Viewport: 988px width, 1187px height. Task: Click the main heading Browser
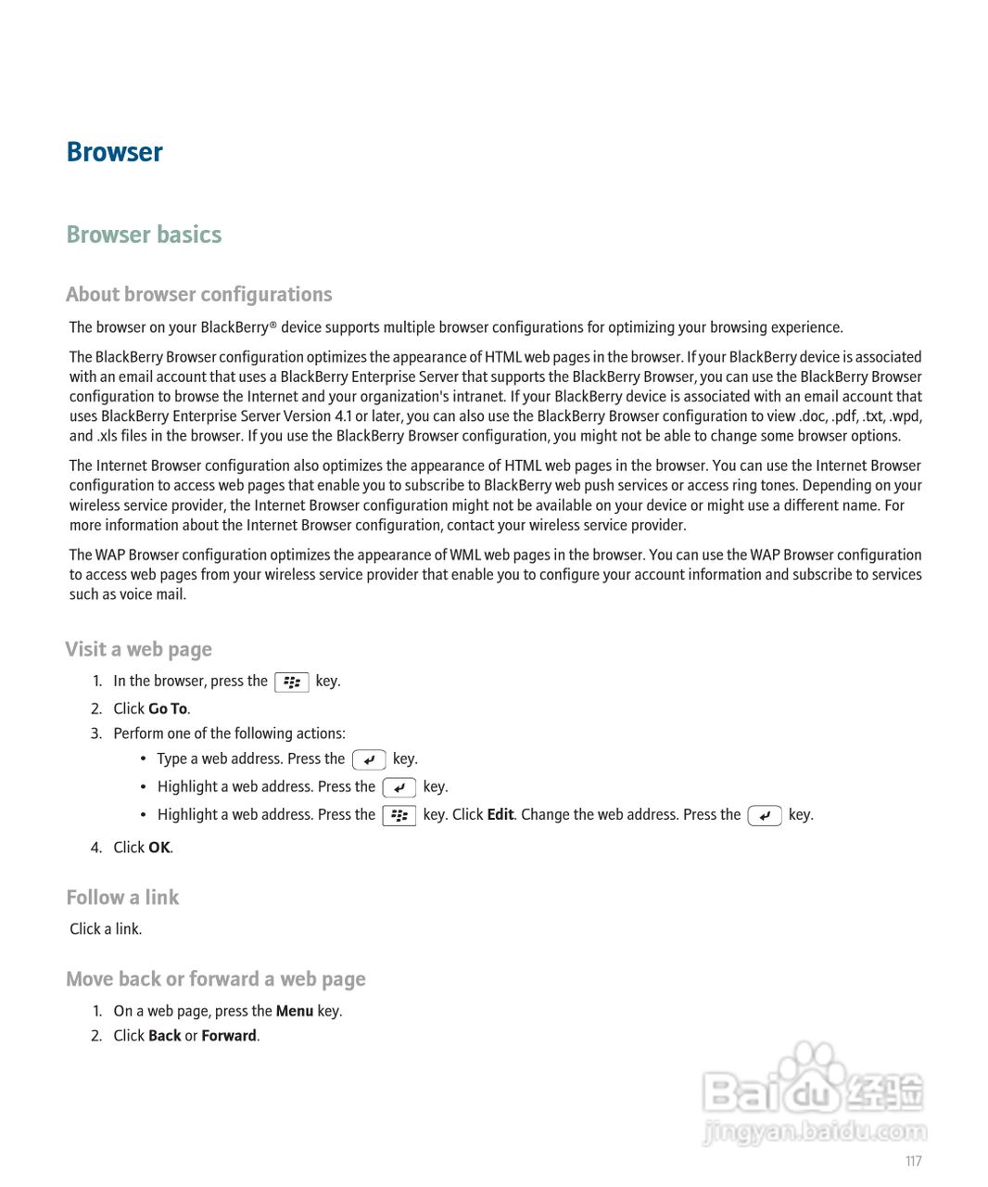114,152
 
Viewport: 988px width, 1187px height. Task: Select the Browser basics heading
144,235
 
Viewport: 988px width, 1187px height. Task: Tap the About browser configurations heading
198,294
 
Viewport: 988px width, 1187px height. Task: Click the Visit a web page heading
138,649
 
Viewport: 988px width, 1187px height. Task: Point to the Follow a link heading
122,897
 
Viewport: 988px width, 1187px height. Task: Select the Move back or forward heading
215,979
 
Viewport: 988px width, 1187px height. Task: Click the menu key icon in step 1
292,683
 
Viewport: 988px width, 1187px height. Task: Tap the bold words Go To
168,708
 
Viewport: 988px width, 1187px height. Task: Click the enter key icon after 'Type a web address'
369,760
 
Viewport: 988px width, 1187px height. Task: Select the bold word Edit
500,814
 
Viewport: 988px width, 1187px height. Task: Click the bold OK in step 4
159,848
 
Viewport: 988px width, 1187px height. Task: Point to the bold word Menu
294,1011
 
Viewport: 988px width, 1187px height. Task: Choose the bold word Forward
228,1036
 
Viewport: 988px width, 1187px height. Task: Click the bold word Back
164,1036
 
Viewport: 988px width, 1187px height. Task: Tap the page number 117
913,1161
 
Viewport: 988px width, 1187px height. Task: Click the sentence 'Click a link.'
106,929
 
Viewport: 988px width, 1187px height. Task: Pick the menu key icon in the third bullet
399,816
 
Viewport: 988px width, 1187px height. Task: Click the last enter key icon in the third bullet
765,816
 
